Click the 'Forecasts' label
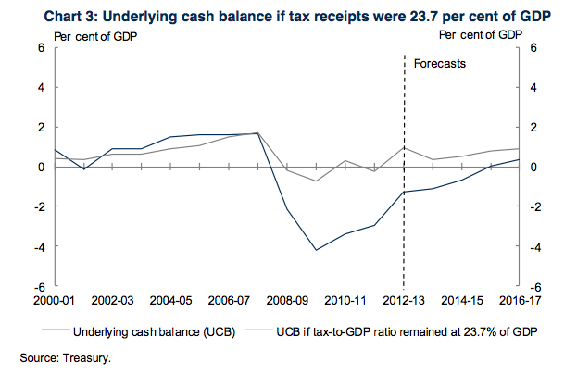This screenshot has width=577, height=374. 439,65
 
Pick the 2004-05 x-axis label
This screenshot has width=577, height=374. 171,301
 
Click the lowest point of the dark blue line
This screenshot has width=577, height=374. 316,250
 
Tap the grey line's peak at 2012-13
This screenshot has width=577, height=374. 404,147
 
